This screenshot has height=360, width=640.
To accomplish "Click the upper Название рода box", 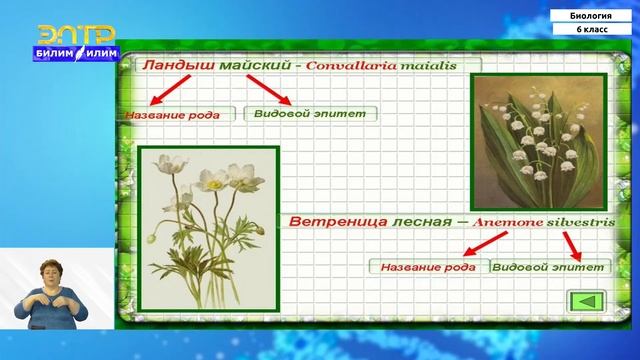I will (180, 114).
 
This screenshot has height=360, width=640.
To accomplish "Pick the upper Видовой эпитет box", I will (310, 113).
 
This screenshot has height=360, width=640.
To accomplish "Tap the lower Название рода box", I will (430, 267).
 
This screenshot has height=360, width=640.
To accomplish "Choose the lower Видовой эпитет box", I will (551, 267).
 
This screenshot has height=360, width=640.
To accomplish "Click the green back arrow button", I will (587, 303).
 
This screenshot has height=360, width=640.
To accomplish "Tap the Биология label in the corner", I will (592, 16).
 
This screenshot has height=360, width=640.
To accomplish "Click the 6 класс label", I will (592, 31).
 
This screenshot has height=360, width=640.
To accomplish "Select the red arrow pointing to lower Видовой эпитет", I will (572, 244).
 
